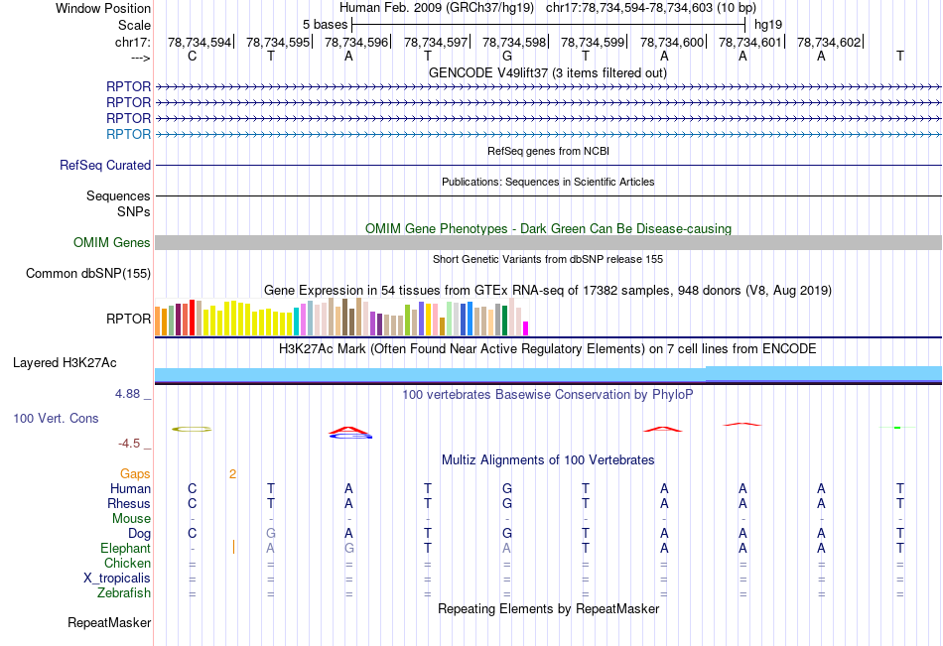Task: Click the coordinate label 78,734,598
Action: click(514, 42)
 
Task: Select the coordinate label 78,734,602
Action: click(829, 42)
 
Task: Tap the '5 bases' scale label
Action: click(325, 24)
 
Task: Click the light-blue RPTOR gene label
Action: click(129, 134)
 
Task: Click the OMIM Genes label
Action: click(112, 243)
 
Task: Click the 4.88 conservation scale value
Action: click(129, 394)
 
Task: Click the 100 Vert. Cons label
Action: click(56, 419)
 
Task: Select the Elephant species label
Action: click(125, 549)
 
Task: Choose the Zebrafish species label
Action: click(125, 593)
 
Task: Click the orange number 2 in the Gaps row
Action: click(232, 474)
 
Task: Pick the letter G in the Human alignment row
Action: click(506, 488)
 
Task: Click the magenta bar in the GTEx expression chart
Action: click(526, 327)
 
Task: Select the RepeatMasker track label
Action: click(109, 623)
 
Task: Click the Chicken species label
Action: click(127, 564)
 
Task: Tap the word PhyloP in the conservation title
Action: click(673, 394)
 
